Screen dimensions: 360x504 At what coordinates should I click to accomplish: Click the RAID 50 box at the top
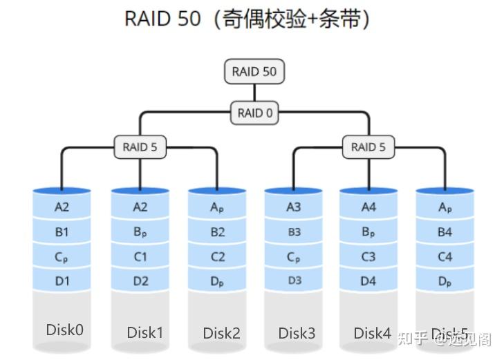254,72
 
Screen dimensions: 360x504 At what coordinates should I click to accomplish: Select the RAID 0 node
254,113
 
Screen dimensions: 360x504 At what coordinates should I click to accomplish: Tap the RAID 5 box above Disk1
140,146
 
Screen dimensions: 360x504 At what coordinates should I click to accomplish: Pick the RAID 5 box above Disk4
368,146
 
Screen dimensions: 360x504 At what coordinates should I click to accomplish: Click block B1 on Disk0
62,232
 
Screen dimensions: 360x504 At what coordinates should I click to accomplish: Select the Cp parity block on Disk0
62,257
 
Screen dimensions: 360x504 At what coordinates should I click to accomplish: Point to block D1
62,281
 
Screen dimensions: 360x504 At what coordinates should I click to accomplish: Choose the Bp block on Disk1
140,232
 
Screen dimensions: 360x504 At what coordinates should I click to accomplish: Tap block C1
140,257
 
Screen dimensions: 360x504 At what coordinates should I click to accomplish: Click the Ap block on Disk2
218,207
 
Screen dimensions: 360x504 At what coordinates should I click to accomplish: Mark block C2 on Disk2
218,257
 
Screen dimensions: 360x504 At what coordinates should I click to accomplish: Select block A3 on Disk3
294,207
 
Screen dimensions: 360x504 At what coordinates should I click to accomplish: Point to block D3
294,281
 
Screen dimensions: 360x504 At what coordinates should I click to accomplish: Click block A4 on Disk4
368,207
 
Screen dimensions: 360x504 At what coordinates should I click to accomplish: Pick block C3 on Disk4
368,257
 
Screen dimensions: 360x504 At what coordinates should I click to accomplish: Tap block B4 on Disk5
445,232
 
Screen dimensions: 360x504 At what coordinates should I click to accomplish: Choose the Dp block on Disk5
445,281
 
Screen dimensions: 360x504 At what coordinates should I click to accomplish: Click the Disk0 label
64,330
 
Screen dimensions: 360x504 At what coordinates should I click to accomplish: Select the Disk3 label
297,333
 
